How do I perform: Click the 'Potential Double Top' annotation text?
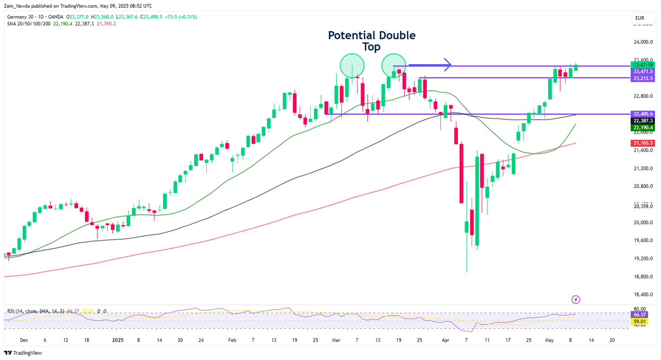click(372, 41)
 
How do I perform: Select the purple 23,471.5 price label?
click(643, 71)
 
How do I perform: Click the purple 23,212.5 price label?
click(643, 78)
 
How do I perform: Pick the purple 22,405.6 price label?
click(643, 114)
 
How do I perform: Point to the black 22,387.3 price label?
click(643, 121)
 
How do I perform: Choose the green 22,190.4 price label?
click(643, 127)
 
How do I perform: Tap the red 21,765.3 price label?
click(643, 143)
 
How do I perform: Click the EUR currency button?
click(640, 18)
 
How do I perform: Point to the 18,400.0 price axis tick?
click(643, 294)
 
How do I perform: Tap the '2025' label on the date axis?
click(118, 340)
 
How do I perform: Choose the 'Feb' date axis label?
click(232, 340)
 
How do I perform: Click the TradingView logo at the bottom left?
click(23, 353)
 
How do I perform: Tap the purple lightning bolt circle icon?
click(576, 300)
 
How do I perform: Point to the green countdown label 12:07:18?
click(643, 65)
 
